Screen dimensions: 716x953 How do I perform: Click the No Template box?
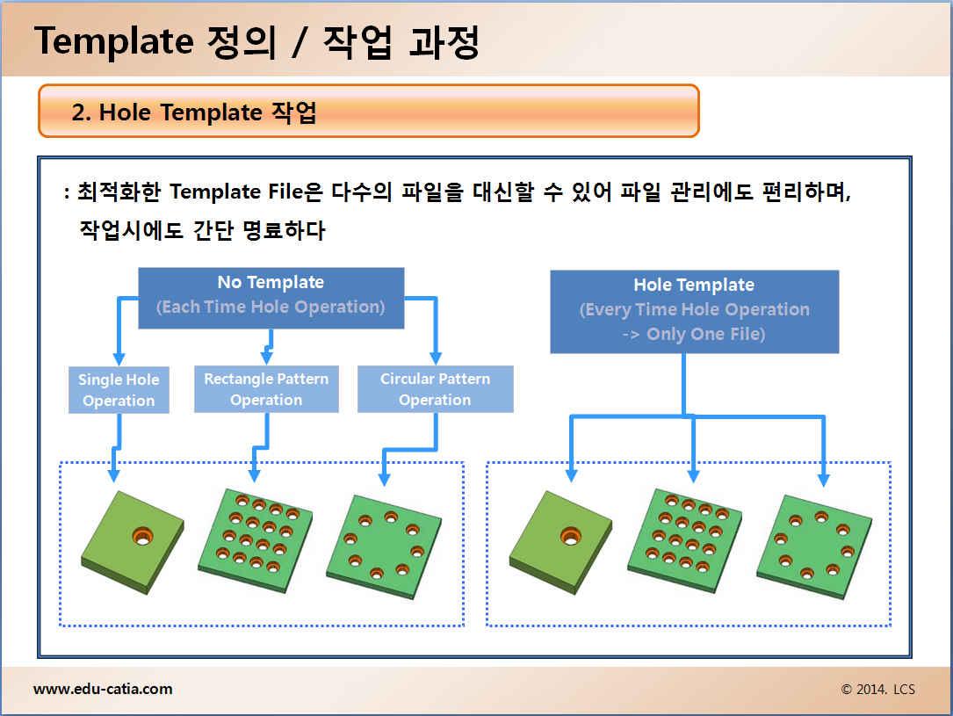[x=271, y=297]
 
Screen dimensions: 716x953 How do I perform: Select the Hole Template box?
[x=694, y=310]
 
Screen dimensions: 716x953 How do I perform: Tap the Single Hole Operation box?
[x=119, y=390]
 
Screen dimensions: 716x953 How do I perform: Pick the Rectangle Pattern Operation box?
[x=266, y=389]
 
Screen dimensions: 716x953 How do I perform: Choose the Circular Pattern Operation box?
[x=435, y=389]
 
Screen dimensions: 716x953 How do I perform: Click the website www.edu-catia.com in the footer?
[x=103, y=689]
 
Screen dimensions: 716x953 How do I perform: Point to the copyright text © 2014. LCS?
[x=877, y=690]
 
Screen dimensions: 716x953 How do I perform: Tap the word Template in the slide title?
[x=113, y=41]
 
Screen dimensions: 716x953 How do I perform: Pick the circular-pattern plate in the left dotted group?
[x=383, y=545]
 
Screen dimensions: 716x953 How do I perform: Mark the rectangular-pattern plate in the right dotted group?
[x=685, y=538]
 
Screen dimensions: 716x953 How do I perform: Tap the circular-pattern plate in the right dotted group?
[x=813, y=545]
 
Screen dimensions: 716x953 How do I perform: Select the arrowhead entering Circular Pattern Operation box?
[x=435, y=358]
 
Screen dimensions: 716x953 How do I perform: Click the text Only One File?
[x=705, y=334]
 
